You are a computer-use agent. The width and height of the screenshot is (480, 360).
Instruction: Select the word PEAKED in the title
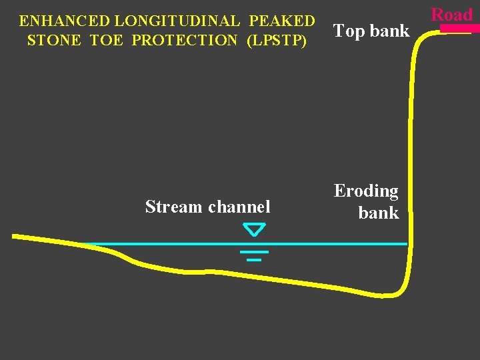[x=282, y=21]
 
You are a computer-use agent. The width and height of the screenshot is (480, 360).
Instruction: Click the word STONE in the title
[x=53, y=40]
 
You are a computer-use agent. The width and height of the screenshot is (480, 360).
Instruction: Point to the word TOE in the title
[x=107, y=40]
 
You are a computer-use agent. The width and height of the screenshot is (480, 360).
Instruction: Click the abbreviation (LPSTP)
[x=277, y=40]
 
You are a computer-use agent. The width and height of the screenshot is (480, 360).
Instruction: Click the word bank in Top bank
[x=389, y=31]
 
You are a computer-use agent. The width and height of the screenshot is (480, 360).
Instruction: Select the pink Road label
[x=451, y=15]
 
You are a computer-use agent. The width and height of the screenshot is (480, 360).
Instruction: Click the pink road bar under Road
[x=460, y=29]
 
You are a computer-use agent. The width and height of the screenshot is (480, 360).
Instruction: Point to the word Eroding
[x=366, y=191]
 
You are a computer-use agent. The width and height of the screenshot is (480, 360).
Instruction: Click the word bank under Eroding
[x=378, y=213]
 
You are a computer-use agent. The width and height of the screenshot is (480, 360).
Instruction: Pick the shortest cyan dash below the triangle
[x=254, y=259]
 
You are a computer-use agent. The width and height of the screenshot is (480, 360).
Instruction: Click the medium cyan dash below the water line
[x=254, y=252]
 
